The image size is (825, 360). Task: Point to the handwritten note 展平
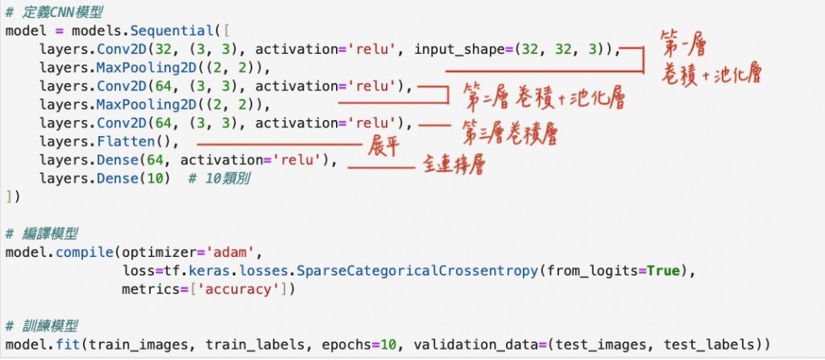click(385, 147)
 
